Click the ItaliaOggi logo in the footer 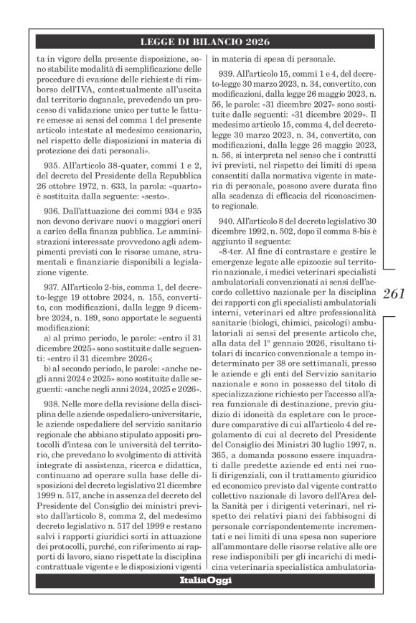point(205,600)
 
